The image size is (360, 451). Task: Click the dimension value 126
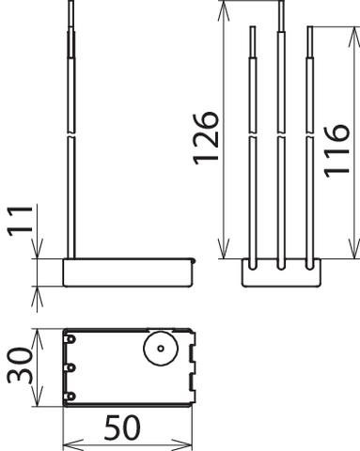coord(206,138)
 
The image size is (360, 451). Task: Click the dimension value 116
coord(337,151)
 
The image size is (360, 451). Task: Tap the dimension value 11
coord(20,221)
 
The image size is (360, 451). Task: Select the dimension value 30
coord(20,365)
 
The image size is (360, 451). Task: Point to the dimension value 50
coord(122,428)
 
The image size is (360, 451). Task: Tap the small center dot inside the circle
coord(161,349)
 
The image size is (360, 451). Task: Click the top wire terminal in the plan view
coord(70,339)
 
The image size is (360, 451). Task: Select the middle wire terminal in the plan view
coord(70,367)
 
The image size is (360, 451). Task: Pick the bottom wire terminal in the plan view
coord(70,397)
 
